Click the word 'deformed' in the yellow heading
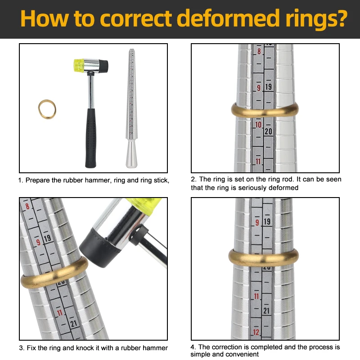(x=228, y=18)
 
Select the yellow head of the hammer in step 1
(x=79, y=65)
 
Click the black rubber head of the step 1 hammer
(x=103, y=66)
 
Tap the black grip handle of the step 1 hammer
(x=91, y=138)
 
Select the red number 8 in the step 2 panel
(x=259, y=51)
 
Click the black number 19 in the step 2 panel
(x=268, y=87)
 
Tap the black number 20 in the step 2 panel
(x=268, y=131)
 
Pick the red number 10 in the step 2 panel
(x=258, y=125)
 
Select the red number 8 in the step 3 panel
(x=27, y=206)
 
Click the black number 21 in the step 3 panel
(x=74, y=324)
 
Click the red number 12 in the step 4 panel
(x=256, y=332)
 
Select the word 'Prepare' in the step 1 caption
(x=38, y=180)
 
